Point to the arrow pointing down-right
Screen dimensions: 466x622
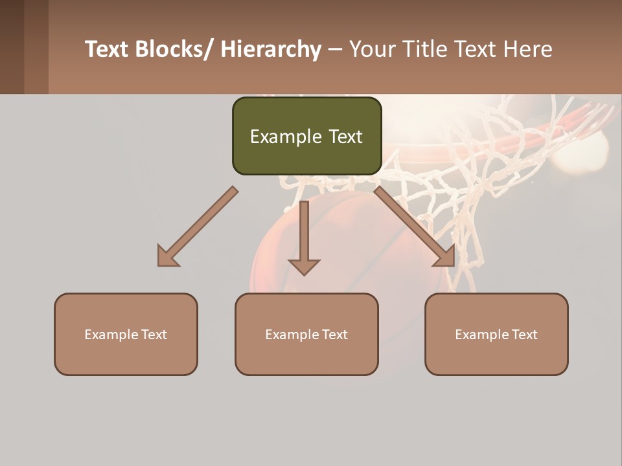[x=415, y=227]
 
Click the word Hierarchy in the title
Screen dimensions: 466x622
[x=271, y=49]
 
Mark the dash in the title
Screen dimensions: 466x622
[x=335, y=49]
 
